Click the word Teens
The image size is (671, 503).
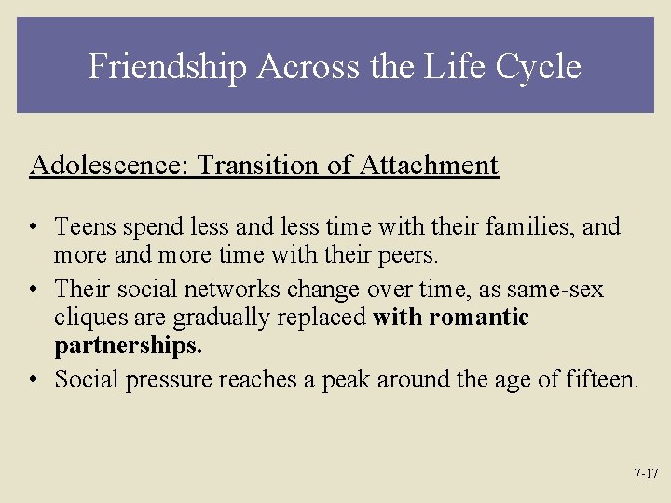coord(83,227)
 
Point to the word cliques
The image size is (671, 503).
coord(87,318)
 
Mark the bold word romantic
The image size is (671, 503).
coord(477,318)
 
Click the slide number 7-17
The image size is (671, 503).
coord(646,473)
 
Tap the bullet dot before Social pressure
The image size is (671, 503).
coord(34,381)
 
